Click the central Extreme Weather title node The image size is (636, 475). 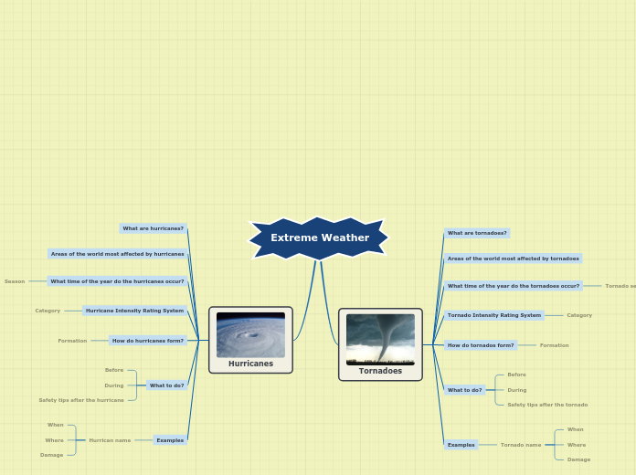pos(319,237)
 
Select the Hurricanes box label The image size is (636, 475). pos(250,364)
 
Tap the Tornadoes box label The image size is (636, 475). pos(380,371)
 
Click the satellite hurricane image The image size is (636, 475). pos(250,335)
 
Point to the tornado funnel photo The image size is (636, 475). pos(380,339)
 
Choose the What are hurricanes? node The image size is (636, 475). pos(154,228)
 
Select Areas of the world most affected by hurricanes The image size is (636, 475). pos(118,254)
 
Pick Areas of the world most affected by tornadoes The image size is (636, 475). pos(514,259)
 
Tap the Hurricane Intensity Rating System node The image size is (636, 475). pos(135,311)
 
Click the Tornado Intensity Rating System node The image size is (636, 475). pos(494,315)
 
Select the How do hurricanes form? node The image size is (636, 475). pos(148,341)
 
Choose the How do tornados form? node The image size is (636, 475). pos(481,345)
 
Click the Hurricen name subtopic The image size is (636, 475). pos(110,440)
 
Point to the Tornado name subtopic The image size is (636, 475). pos(521,445)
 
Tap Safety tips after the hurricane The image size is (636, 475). pos(81,400)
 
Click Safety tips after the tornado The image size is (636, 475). pos(547,405)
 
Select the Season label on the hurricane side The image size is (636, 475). pos(15,281)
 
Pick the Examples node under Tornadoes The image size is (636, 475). pos(461,445)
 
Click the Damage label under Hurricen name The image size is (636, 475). pos(52,455)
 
